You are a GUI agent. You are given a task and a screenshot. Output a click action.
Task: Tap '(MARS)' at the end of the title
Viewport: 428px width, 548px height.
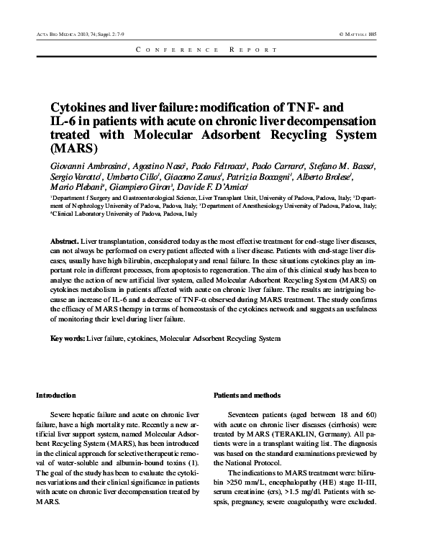[73, 151]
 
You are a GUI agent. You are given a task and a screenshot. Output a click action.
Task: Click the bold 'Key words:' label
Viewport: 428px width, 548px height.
[68, 337]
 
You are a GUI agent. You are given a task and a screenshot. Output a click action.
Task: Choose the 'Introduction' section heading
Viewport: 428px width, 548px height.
[56, 396]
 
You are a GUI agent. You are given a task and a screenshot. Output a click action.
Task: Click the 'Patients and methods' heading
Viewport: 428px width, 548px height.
[247, 396]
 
